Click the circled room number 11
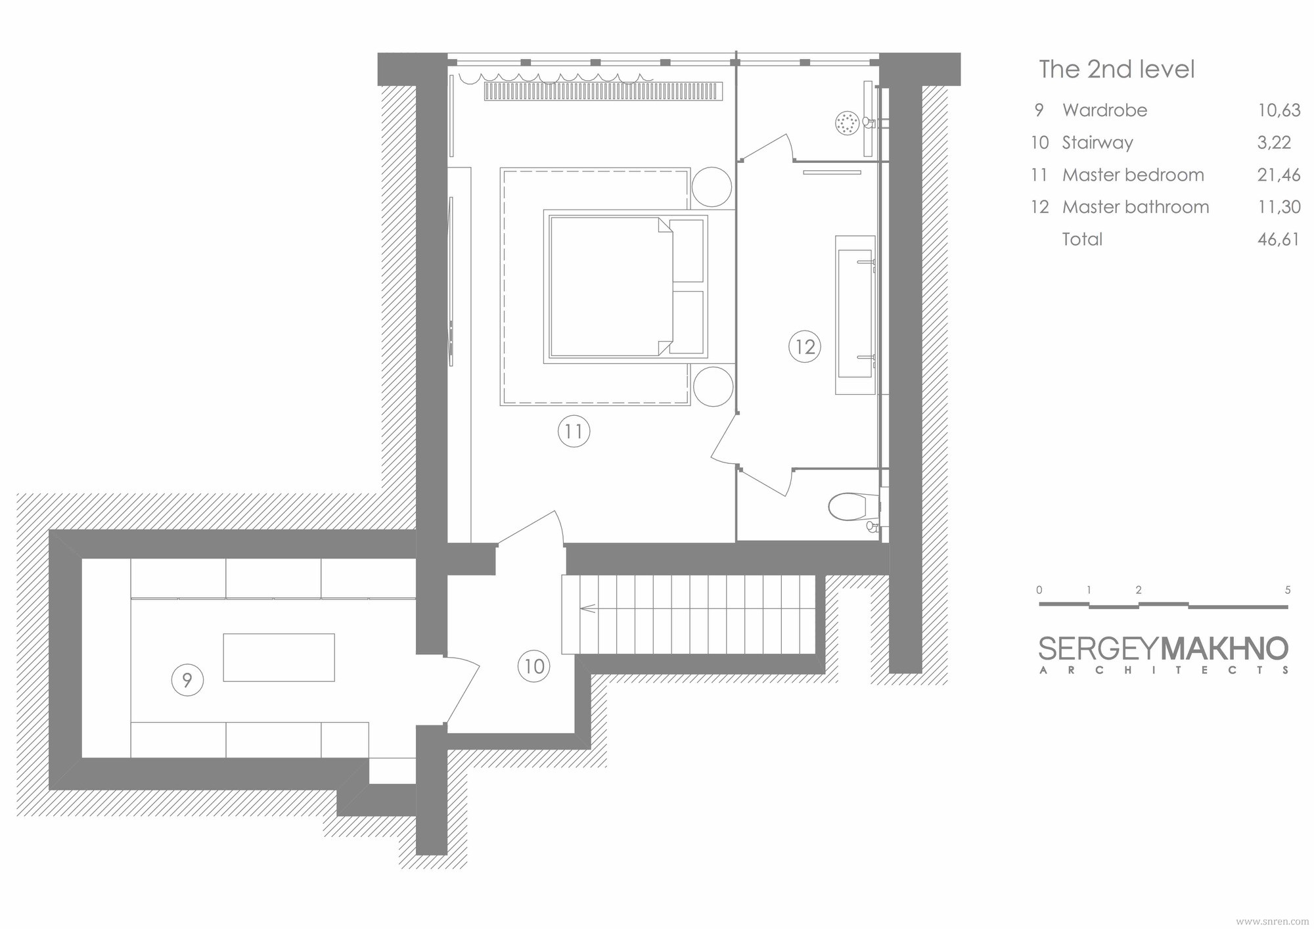click(574, 432)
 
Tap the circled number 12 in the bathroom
click(805, 346)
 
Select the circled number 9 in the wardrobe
click(187, 680)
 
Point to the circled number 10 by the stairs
click(533, 666)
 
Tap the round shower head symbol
click(848, 123)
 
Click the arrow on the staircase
click(588, 608)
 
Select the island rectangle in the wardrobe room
click(279, 657)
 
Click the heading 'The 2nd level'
click(1116, 69)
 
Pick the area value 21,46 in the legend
click(1279, 175)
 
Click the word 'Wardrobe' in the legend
click(1104, 110)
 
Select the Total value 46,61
click(1279, 239)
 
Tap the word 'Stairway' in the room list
click(1097, 143)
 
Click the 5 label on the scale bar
click(1288, 590)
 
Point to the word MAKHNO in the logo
click(1225, 649)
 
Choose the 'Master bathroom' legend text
click(1135, 207)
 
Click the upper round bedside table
click(712, 188)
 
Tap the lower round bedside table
click(713, 386)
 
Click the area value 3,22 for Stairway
click(1274, 143)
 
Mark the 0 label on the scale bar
click(1039, 590)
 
